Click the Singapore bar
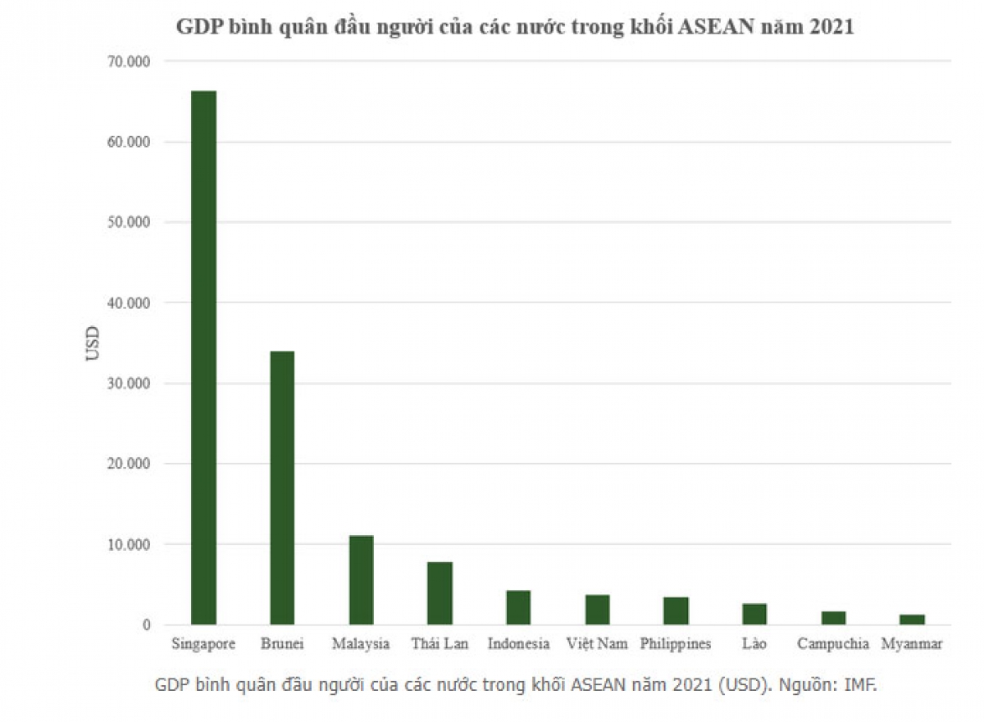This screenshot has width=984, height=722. [x=203, y=357]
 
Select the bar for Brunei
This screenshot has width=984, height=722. [x=282, y=488]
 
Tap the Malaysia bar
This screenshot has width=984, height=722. [x=361, y=580]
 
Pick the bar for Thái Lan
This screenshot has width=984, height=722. [x=440, y=593]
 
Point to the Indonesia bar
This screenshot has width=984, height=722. [x=518, y=607]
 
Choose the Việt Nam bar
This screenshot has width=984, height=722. [x=597, y=610]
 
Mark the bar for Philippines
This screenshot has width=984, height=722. [x=676, y=611]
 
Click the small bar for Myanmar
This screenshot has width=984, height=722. [x=912, y=620]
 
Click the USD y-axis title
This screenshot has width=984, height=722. [x=93, y=343]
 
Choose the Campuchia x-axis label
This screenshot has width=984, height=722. [x=832, y=644]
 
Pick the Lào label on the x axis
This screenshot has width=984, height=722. [x=754, y=644]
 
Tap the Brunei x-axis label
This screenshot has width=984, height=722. [x=282, y=644]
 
